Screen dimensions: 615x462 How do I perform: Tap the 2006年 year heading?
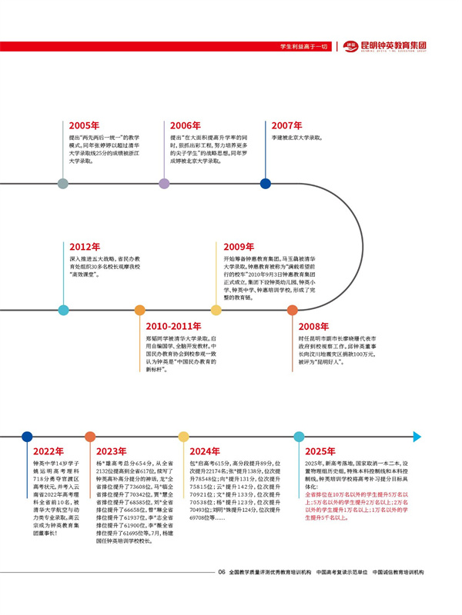click(x=185, y=125)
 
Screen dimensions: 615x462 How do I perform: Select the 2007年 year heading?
click(x=286, y=125)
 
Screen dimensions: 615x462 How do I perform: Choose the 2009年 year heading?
click(x=239, y=247)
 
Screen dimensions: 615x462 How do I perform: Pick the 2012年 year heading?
click(x=85, y=247)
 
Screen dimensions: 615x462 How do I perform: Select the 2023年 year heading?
click(x=112, y=450)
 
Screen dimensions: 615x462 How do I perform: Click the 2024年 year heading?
click(x=204, y=450)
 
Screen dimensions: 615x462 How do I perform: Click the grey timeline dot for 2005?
click(x=63, y=184)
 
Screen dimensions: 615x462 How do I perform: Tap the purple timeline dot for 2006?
click(x=164, y=184)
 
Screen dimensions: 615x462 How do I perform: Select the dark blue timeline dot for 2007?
click(x=266, y=184)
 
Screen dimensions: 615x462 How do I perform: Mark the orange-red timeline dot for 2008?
click(x=293, y=311)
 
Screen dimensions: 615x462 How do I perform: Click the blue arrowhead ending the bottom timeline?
click(x=417, y=436)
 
